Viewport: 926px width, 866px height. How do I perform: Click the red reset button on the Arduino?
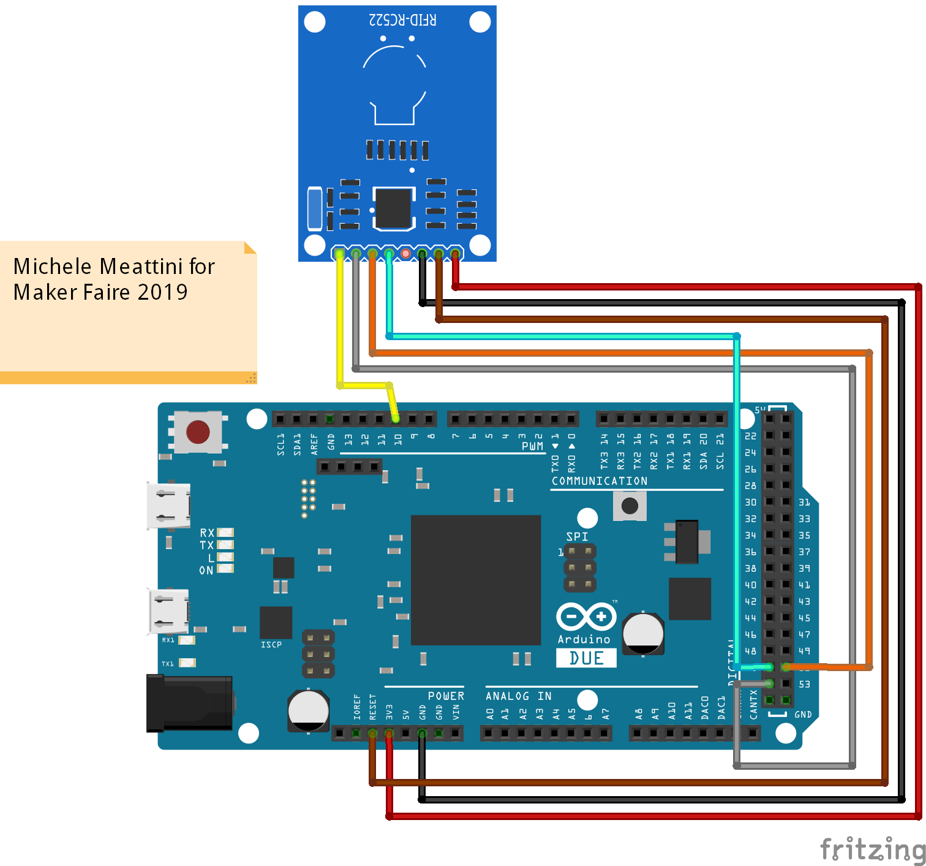198,431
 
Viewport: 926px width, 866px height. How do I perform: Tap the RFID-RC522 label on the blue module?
402,20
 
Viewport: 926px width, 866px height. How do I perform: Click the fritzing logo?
872,849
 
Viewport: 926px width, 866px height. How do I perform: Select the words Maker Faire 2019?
100,292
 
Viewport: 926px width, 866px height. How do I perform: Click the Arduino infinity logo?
585,617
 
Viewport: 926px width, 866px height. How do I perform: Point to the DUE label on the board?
586,658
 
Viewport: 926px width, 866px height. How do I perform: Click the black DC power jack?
189,703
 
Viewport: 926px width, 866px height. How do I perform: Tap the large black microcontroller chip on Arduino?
475,580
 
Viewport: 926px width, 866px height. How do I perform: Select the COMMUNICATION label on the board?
600,481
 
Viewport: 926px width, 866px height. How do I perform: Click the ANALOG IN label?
518,696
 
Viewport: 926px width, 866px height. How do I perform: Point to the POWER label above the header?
446,696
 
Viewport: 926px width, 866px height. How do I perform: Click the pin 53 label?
804,684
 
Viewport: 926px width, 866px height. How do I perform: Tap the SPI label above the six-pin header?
577,537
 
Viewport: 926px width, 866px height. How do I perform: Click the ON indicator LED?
225,569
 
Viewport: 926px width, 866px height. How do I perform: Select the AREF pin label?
314,444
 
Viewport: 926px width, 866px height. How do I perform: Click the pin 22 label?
750,436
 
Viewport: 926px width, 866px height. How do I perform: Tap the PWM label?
532,446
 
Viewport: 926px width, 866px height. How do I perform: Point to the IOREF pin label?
357,707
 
